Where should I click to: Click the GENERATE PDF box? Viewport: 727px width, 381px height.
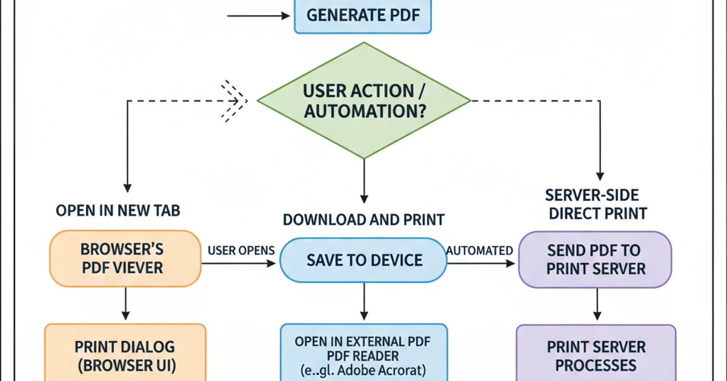(x=362, y=16)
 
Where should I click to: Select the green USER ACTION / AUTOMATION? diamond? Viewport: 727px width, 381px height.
(x=363, y=101)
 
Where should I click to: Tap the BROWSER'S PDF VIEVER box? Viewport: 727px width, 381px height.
(x=125, y=258)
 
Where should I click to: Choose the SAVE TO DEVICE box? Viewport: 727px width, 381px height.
(x=363, y=260)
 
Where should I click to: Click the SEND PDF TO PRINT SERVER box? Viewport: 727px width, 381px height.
(x=595, y=259)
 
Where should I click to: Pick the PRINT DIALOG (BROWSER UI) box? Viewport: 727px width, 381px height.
(x=125, y=356)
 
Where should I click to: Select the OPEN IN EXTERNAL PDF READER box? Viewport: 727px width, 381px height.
(x=363, y=354)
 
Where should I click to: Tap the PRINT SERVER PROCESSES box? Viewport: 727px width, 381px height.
(x=596, y=356)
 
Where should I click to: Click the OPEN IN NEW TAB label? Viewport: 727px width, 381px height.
(x=118, y=210)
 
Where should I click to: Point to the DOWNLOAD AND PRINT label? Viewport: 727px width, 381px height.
(x=363, y=220)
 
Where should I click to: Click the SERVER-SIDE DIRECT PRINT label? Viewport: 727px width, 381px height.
(x=596, y=204)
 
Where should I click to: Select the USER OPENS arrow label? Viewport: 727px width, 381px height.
(x=241, y=250)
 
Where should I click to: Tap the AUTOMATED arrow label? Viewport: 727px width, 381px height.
(x=480, y=250)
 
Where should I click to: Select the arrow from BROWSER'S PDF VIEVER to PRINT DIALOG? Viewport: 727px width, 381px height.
(x=125, y=304)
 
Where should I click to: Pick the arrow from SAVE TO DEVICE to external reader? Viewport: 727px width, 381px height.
(x=363, y=302)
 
